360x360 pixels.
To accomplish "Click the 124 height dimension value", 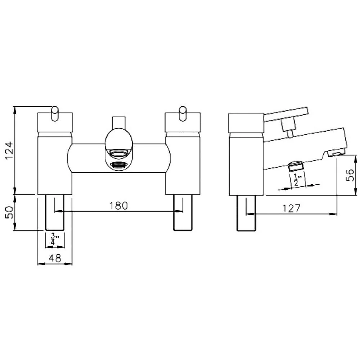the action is (10, 150).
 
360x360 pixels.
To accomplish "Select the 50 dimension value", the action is (10, 212).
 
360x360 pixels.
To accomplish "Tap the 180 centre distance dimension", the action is (118, 206).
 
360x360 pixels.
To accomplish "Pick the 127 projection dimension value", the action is (291, 208).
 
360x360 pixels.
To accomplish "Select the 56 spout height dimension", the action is (350, 175).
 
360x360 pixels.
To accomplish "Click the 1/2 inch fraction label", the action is (297, 180).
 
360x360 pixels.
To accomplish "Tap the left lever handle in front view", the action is (55, 114).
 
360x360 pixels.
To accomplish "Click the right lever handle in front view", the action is (183, 114).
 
